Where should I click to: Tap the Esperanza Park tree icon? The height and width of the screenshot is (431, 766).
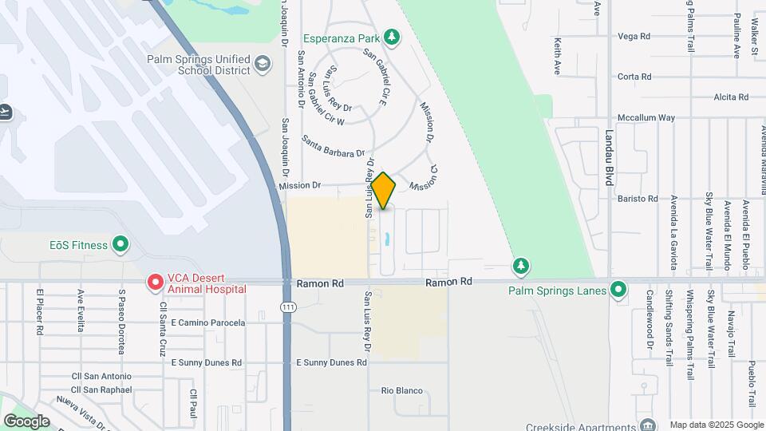pyautogui.click(x=391, y=37)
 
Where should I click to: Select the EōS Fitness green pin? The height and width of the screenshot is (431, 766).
pyautogui.click(x=120, y=244)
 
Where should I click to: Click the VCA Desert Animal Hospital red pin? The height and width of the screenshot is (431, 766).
pyautogui.click(x=155, y=283)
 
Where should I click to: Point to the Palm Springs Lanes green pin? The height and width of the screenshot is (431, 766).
pyautogui.click(x=618, y=290)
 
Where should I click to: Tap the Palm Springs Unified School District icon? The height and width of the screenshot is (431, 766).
pyautogui.click(x=263, y=63)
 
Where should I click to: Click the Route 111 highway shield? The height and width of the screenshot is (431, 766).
pyautogui.click(x=287, y=307)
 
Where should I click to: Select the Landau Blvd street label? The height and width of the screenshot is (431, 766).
pyautogui.click(x=609, y=158)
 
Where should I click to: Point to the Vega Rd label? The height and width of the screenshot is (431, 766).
pyautogui.click(x=634, y=36)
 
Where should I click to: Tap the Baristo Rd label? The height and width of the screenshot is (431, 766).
pyautogui.click(x=641, y=199)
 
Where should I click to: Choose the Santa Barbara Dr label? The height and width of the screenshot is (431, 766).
pyautogui.click(x=333, y=146)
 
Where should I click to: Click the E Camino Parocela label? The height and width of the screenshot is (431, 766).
pyautogui.click(x=208, y=323)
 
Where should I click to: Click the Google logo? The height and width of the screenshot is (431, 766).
pyautogui.click(x=26, y=421)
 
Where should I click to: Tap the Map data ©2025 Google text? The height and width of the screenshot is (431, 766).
pyautogui.click(x=716, y=425)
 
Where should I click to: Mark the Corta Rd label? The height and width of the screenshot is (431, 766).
pyautogui.click(x=634, y=77)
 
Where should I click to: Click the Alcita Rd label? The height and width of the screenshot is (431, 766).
pyautogui.click(x=732, y=97)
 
